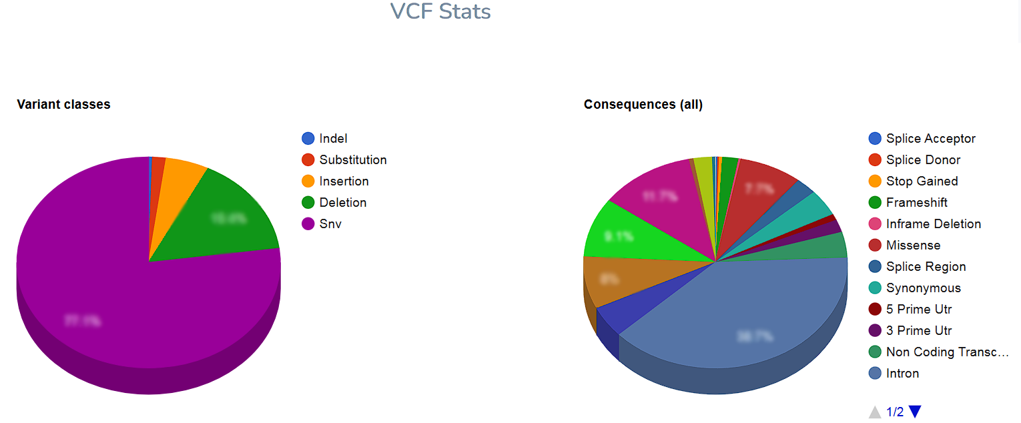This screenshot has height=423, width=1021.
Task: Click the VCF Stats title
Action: click(440, 11)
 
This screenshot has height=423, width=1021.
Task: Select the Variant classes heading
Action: click(63, 104)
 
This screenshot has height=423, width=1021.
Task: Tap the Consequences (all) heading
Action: click(643, 104)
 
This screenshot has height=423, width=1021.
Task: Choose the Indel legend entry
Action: click(333, 138)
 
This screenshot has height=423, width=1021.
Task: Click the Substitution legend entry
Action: click(352, 159)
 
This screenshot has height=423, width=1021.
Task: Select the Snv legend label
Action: click(330, 224)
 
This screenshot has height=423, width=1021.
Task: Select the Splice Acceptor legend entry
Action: click(930, 138)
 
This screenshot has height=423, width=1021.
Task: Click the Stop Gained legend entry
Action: click(922, 181)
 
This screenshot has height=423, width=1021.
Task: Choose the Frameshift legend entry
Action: click(916, 202)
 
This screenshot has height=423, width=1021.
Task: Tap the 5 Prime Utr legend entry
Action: click(918, 309)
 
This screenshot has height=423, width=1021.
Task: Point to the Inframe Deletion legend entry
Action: click(933, 224)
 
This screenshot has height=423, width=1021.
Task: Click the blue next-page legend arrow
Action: click(915, 412)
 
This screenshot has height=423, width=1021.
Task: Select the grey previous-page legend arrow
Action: click(875, 412)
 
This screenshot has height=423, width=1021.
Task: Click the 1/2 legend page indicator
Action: click(895, 412)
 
